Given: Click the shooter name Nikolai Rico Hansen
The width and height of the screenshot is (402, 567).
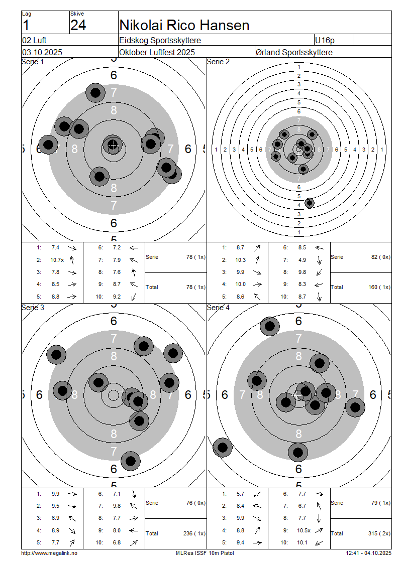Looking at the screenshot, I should click(184, 25).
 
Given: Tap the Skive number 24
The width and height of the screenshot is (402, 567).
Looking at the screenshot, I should click(78, 25).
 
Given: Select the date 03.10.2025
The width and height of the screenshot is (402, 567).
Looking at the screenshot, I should click(42, 52).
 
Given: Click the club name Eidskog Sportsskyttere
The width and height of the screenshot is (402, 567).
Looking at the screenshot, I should click(161, 40).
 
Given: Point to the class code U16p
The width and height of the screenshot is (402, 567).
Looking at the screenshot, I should click(324, 40).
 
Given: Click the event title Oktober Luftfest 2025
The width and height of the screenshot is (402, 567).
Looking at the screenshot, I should click(157, 52).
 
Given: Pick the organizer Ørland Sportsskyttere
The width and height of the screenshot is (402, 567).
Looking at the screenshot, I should click(294, 52).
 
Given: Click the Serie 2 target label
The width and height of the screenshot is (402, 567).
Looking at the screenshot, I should click(218, 62).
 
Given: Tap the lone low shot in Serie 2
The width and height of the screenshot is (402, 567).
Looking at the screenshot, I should click(310, 203).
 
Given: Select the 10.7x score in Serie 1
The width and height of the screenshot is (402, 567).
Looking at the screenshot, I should click(55, 260).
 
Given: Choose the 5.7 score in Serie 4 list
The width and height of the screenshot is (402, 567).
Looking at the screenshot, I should click(240, 494).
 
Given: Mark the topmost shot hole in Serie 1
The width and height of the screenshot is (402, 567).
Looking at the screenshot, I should click(95, 92).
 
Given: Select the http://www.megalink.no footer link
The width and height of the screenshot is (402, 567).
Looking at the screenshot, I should click(49, 553).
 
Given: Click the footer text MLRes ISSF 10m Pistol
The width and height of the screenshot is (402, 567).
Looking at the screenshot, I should click(205, 553).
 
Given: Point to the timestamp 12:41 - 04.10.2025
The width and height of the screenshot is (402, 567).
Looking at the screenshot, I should click(368, 553).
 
